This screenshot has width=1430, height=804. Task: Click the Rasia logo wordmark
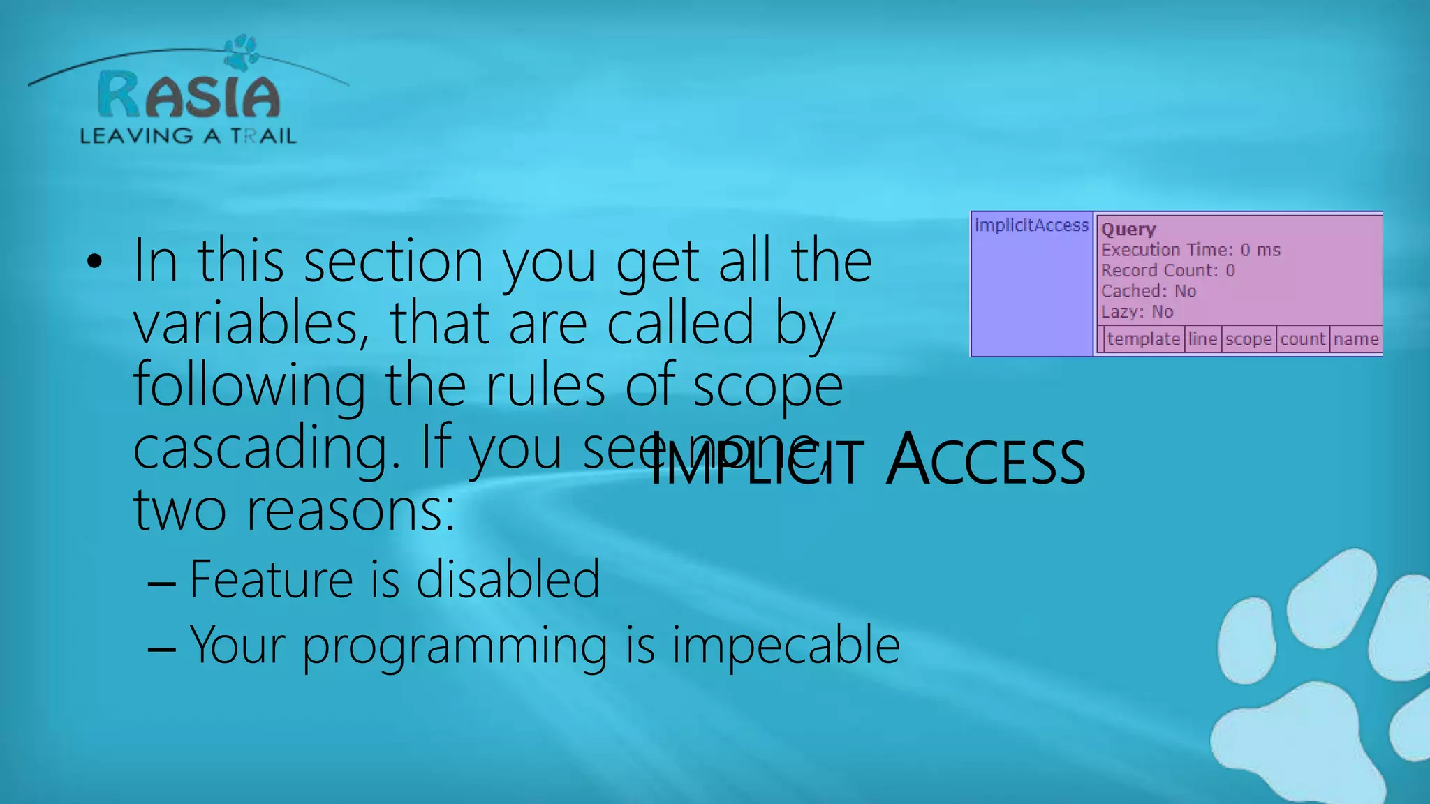click(x=189, y=96)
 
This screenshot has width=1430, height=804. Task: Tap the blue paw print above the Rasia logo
click(x=242, y=52)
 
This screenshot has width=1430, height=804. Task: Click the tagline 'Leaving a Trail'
click(x=188, y=135)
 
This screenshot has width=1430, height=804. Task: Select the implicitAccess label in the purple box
click(x=1031, y=225)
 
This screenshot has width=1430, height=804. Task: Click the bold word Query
click(x=1128, y=230)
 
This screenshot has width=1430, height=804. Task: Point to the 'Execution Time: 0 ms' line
click(x=1191, y=250)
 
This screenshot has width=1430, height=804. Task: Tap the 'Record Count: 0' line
click(x=1167, y=271)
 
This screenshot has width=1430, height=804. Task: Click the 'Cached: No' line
click(x=1149, y=291)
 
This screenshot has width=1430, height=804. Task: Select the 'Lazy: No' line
click(x=1137, y=312)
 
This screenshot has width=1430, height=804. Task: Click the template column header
click(x=1143, y=339)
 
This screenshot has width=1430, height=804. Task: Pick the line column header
click(x=1203, y=339)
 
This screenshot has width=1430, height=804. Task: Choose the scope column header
click(x=1248, y=339)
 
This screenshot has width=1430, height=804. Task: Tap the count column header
click(x=1303, y=339)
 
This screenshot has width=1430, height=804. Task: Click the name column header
click(x=1355, y=339)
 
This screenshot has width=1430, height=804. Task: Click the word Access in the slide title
click(x=985, y=461)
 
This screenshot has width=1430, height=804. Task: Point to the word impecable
click(x=786, y=646)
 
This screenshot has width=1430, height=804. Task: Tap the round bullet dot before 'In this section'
click(x=94, y=262)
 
